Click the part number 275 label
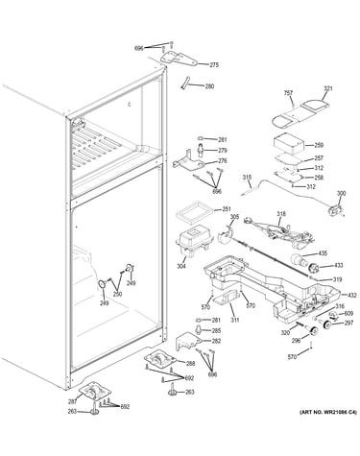214,65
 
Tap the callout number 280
209,86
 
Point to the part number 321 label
328,88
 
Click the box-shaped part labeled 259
288,145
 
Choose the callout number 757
288,93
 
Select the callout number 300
341,193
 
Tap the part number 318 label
282,214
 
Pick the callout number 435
323,253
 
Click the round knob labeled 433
313,267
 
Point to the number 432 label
352,295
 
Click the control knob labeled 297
327,324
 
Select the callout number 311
235,320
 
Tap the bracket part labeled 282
188,342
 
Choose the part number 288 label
190,363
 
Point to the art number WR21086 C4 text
327,413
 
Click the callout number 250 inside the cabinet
117,294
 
